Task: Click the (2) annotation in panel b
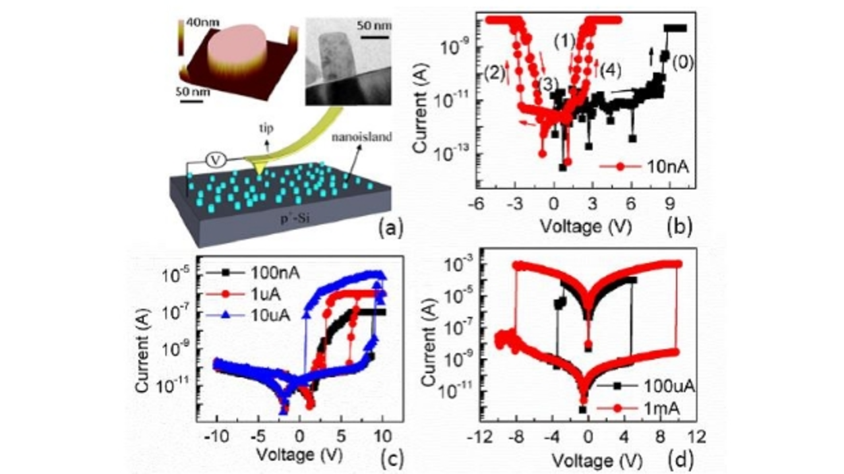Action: pos(494,70)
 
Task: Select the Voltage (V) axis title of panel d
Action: pos(590,457)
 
